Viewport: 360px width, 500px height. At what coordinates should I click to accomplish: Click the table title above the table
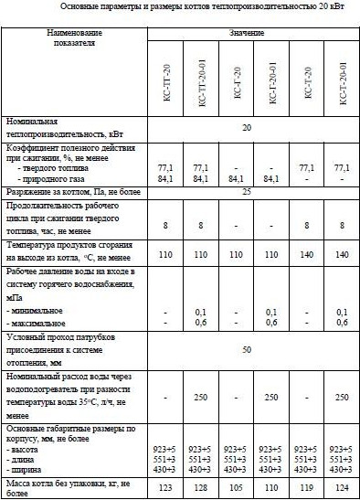pyautogui.click(x=180, y=6)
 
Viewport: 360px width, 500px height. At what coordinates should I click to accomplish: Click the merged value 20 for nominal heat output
pyautogui.click(x=247, y=129)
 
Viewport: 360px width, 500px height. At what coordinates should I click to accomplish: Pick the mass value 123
pyautogui.click(x=165, y=489)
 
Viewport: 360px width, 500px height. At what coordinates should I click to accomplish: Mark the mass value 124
pyautogui.click(x=342, y=489)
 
